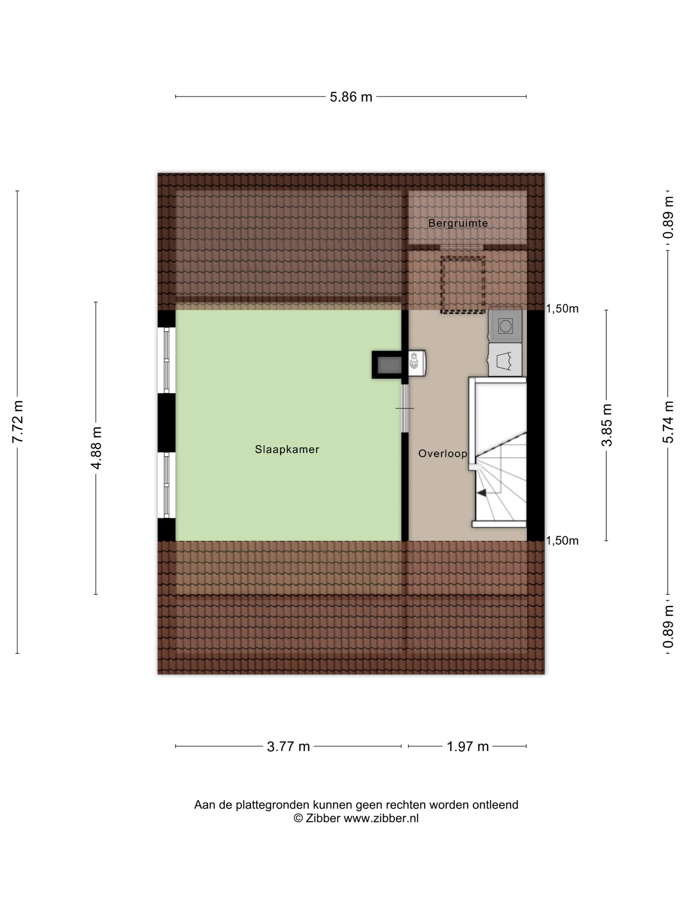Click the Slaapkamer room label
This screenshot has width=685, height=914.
pyautogui.click(x=287, y=449)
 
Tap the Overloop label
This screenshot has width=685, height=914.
pyautogui.click(x=443, y=454)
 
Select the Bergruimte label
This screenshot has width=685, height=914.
pyautogui.click(x=458, y=223)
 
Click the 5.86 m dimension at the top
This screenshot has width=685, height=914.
pyautogui.click(x=351, y=97)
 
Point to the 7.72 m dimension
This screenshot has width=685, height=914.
pyautogui.click(x=18, y=421)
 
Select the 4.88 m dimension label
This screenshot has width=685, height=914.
pyautogui.click(x=96, y=448)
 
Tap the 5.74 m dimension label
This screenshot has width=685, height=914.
pyautogui.click(x=668, y=421)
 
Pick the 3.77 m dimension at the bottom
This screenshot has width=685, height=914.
pyautogui.click(x=288, y=746)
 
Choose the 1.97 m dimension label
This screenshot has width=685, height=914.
pyautogui.click(x=468, y=746)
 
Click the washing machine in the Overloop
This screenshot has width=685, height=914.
pyautogui.click(x=505, y=326)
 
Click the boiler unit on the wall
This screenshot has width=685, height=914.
pyautogui.click(x=417, y=363)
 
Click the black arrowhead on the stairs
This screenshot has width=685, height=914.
pyautogui.click(x=481, y=493)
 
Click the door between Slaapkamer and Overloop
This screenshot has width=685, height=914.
pyautogui.click(x=405, y=408)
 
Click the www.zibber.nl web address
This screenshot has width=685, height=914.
pyautogui.click(x=381, y=818)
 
